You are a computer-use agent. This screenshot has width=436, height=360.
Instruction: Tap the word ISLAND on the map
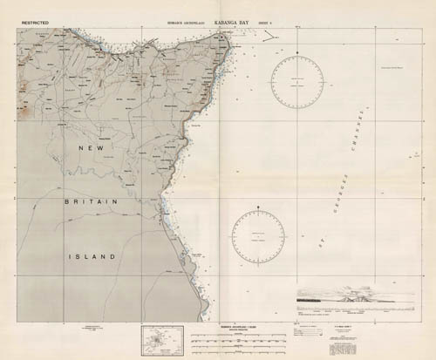tap(93, 256)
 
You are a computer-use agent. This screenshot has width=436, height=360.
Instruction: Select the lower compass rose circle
tap(258, 236)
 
